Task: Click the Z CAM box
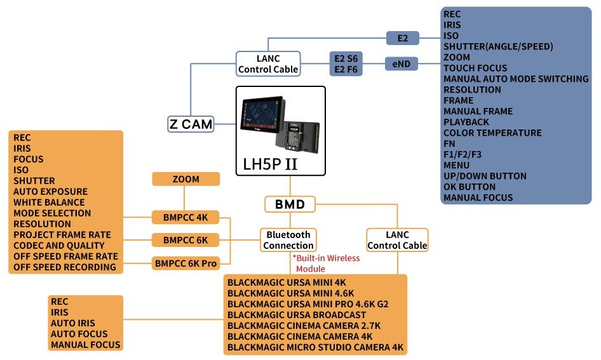(191, 124)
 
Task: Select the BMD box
(290, 204)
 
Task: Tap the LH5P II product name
(270, 164)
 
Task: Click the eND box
(401, 63)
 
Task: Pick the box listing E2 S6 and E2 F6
(346, 63)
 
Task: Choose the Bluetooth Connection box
(288, 240)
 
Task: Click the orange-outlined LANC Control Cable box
(397, 240)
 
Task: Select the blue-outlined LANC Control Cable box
(268, 63)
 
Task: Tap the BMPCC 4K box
(186, 218)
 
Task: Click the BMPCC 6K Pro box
(186, 262)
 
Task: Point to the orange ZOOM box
(186, 179)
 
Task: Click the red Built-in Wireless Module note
(326, 263)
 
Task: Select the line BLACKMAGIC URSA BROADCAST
(296, 315)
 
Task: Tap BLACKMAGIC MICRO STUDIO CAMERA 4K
(315, 347)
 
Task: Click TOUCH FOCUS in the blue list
(475, 68)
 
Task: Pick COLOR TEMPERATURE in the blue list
(492, 133)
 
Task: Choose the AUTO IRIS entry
(73, 323)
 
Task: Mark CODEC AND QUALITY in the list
(58, 245)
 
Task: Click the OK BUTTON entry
(469, 187)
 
